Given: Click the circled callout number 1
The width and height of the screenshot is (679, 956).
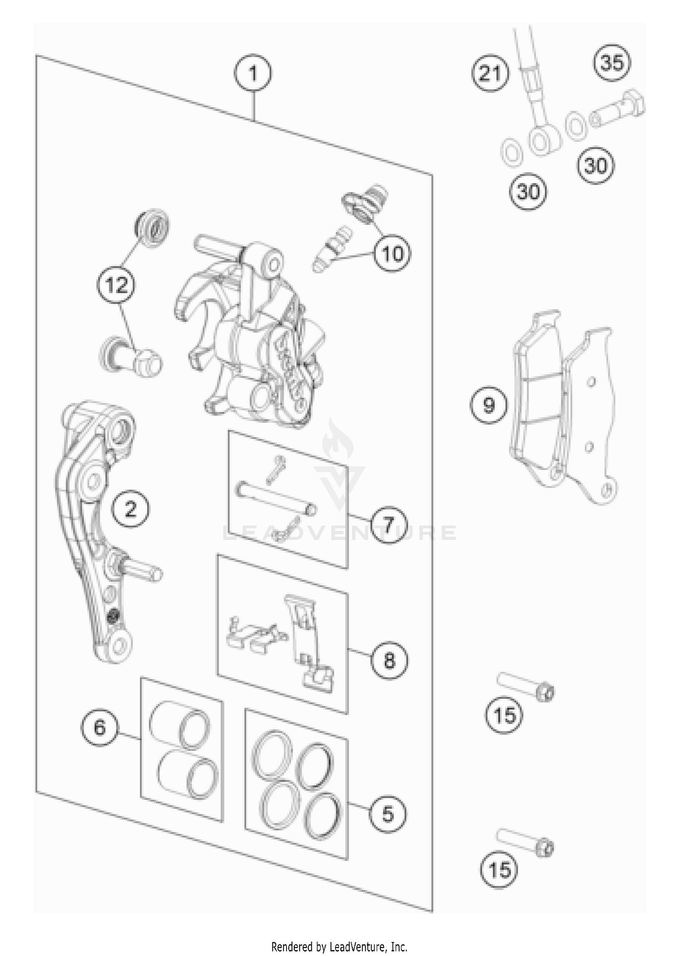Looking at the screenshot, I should coord(253,73).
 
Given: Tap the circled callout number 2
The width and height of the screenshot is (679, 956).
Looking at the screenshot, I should coord(130,510).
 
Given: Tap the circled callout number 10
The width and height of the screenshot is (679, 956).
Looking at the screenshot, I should coord(392,254).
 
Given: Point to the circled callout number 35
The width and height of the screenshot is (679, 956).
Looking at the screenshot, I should coord(612,63).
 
